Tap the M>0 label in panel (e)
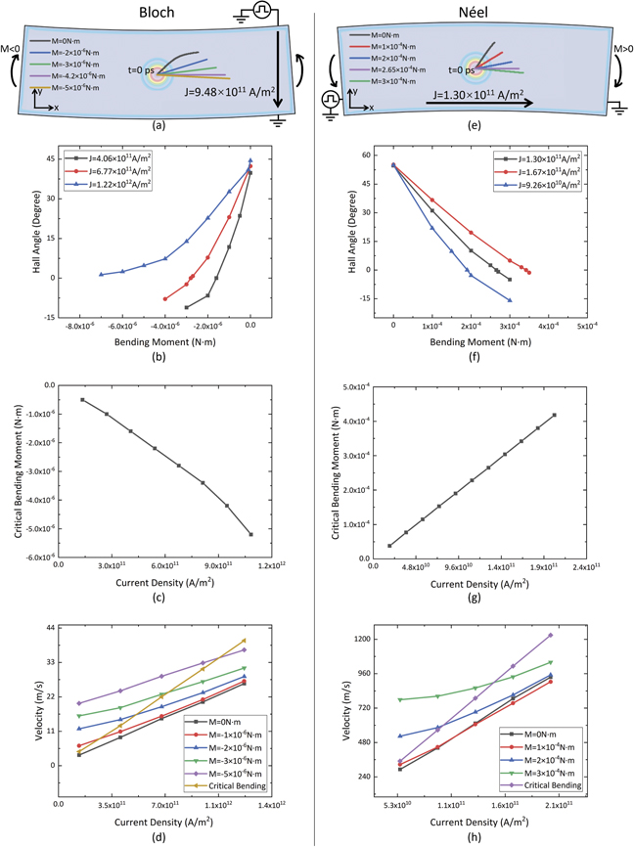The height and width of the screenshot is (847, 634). pos(620,47)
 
